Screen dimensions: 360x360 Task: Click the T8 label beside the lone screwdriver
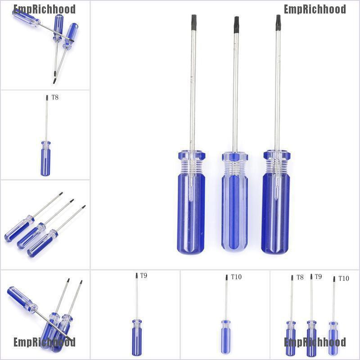(x=55, y=97)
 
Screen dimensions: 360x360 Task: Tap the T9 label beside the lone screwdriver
(x=144, y=275)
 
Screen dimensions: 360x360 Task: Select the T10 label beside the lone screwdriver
(x=236, y=277)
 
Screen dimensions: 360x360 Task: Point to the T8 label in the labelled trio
(x=300, y=277)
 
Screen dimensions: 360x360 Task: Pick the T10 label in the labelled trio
(x=343, y=279)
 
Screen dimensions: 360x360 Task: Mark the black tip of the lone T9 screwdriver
(x=137, y=276)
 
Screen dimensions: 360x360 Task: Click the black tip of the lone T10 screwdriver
(x=226, y=277)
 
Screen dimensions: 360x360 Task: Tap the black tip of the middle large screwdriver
(x=236, y=25)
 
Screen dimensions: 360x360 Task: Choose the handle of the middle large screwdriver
(x=234, y=207)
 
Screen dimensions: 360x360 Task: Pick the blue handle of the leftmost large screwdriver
(x=191, y=211)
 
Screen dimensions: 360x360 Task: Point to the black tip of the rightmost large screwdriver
(x=278, y=22)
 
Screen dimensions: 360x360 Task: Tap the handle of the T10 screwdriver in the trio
(x=333, y=338)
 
